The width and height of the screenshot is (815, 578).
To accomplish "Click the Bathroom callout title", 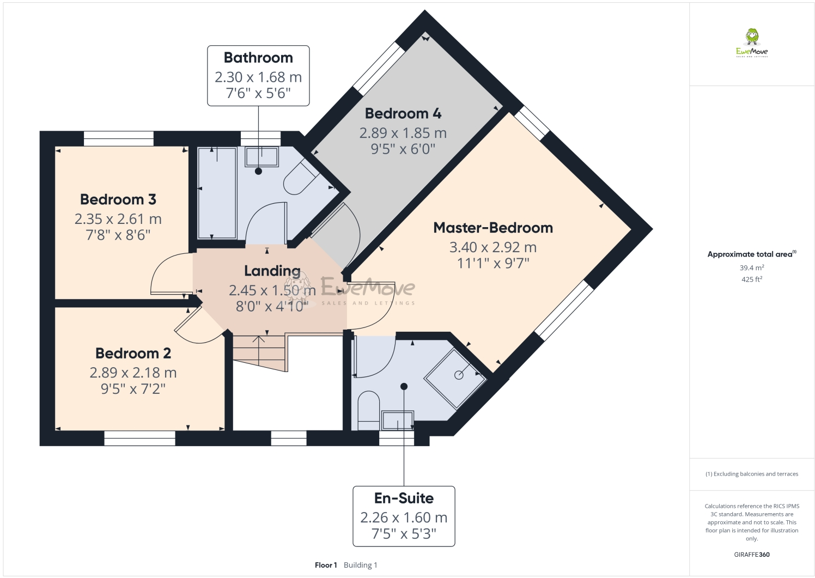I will click(x=258, y=58).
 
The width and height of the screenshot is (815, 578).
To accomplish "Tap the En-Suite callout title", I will click(x=404, y=498).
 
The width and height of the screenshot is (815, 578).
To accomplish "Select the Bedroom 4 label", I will click(x=403, y=113).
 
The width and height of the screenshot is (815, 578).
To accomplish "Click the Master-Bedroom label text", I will click(x=492, y=228).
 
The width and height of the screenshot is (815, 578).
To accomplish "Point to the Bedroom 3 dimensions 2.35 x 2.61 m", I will click(x=118, y=219).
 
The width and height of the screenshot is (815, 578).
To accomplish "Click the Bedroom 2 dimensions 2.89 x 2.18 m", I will click(x=133, y=373).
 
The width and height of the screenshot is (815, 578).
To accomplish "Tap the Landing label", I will click(x=272, y=271).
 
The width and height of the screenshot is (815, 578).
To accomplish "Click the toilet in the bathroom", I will click(x=300, y=178).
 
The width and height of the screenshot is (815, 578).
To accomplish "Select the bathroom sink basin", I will click(x=261, y=157).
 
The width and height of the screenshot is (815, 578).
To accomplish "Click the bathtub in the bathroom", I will click(x=217, y=193).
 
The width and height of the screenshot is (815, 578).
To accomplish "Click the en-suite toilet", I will click(x=368, y=410).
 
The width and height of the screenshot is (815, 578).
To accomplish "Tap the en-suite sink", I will click(x=398, y=420).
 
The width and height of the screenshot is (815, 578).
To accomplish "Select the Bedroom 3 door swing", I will click(x=170, y=273).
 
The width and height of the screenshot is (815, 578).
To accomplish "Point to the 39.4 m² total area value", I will click(x=751, y=268).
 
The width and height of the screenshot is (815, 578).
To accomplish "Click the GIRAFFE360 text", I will click(x=751, y=555).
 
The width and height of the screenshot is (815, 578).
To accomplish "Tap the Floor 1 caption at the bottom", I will click(x=326, y=565).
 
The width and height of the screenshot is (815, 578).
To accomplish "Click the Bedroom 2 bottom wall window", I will click(x=139, y=438).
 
